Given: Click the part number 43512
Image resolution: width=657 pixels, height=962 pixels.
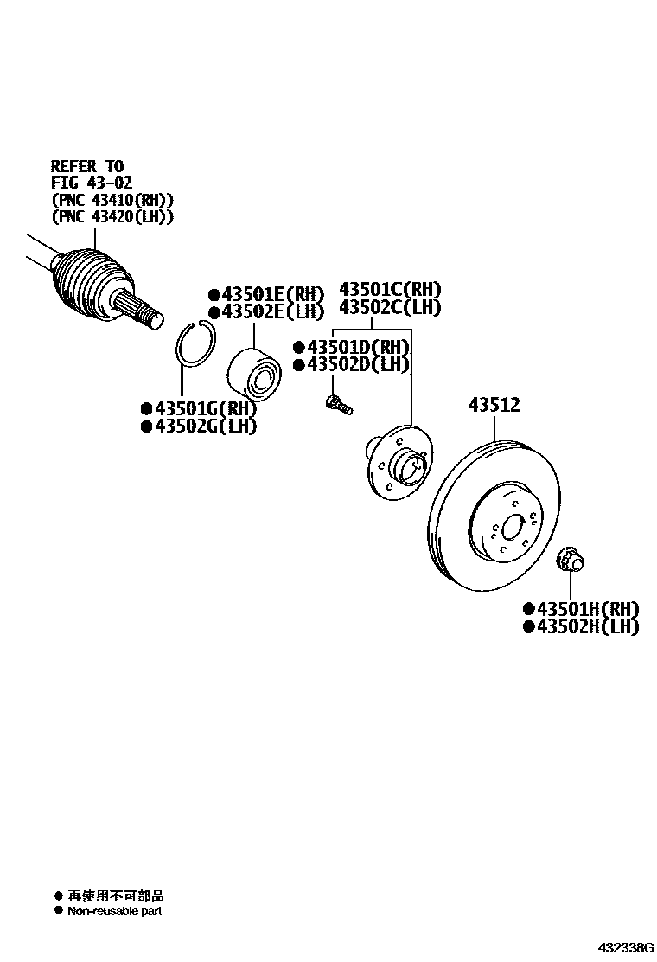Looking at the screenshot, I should (x=494, y=404).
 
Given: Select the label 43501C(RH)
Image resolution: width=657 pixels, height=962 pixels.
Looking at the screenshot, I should (x=390, y=289).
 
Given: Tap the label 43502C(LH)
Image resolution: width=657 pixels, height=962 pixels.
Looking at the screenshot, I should (x=390, y=307).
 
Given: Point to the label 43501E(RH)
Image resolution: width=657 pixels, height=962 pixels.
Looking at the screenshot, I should (x=266, y=293).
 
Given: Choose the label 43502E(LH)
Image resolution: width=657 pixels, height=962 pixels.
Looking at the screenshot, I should (x=266, y=311).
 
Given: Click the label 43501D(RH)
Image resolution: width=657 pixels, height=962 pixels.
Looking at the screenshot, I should (x=356, y=347).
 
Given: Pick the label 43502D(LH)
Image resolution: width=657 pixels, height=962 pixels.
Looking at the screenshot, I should (x=356, y=365).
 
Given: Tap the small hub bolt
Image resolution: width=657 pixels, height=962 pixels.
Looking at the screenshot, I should (x=336, y=404).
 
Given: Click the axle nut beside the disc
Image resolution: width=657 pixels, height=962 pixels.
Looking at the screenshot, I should (x=571, y=559).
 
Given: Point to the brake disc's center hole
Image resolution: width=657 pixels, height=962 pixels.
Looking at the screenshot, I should (x=510, y=527).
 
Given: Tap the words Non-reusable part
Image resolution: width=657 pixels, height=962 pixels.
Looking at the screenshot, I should (x=115, y=911).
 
